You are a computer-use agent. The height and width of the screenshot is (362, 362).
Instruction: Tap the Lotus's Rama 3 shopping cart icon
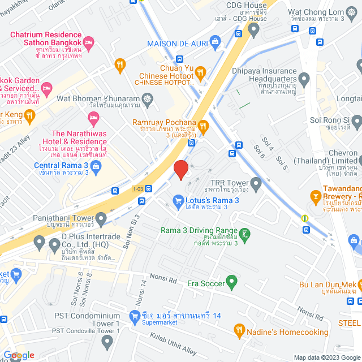click(x=178, y=200)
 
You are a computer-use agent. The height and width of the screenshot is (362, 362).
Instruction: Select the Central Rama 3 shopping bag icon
click(x=96, y=166)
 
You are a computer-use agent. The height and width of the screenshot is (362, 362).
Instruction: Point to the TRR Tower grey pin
click(x=256, y=183)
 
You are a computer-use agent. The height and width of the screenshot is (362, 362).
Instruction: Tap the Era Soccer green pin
click(x=231, y=281)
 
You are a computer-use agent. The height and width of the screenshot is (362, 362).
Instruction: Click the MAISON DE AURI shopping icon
click(x=215, y=41)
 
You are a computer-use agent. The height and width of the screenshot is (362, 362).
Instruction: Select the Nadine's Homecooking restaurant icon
click(x=239, y=330)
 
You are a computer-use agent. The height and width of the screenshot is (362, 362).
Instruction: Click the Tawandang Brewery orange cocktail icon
click(x=315, y=196)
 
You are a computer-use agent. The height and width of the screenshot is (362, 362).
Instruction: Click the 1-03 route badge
click(x=138, y=188)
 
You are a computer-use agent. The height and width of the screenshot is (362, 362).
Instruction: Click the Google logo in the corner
click(x=18, y=355)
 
